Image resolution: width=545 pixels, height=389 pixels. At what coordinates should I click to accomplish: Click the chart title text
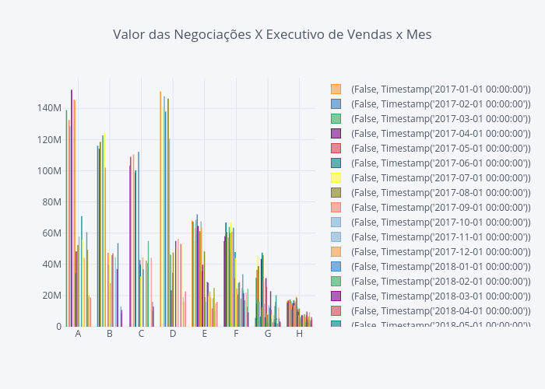[272, 34]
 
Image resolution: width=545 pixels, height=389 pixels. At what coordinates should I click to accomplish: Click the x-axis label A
[78, 334]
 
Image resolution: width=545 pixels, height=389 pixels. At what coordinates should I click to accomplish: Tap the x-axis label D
[173, 334]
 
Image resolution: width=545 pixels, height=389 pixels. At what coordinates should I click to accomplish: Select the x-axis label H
[299, 334]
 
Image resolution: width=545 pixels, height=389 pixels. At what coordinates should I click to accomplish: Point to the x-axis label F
[236, 334]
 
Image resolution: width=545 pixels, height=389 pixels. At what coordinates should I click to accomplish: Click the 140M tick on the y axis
[48, 108]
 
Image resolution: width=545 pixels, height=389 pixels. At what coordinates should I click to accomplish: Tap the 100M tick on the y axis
[48, 170]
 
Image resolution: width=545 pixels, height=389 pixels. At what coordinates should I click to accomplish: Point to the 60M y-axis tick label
[51, 233]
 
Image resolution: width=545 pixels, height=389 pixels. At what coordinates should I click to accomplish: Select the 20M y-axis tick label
[51, 295]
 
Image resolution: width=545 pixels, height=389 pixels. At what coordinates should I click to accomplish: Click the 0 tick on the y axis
[58, 326]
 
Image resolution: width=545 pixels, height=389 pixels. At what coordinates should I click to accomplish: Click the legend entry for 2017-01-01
[441, 89]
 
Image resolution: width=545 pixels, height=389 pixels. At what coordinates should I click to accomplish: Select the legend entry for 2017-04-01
[441, 133]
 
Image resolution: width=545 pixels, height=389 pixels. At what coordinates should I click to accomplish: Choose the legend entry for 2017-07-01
[441, 177]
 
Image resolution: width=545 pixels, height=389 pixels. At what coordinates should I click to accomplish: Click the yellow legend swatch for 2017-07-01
[336, 177]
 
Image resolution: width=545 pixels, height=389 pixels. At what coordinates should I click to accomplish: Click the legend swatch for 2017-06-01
[336, 163]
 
